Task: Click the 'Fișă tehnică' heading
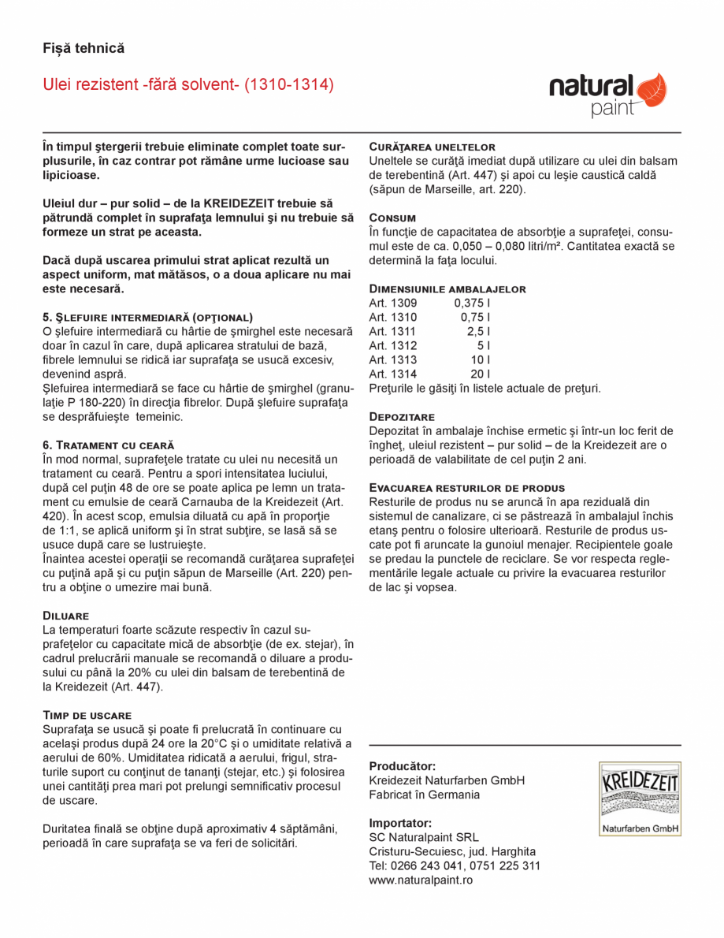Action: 84,48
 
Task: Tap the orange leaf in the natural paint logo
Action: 651,89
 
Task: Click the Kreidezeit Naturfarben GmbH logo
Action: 639,798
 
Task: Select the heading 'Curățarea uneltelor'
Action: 432,147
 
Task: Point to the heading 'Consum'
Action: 392,218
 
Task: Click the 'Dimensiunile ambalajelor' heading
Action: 447,289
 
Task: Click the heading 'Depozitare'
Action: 402,416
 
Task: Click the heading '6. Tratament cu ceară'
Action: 108,445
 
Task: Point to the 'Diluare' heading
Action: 65,616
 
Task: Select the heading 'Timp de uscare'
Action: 87,715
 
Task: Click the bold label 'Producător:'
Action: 402,766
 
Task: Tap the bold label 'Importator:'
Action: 400,823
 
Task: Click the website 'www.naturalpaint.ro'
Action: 421,880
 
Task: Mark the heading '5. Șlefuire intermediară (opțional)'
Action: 147,317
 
